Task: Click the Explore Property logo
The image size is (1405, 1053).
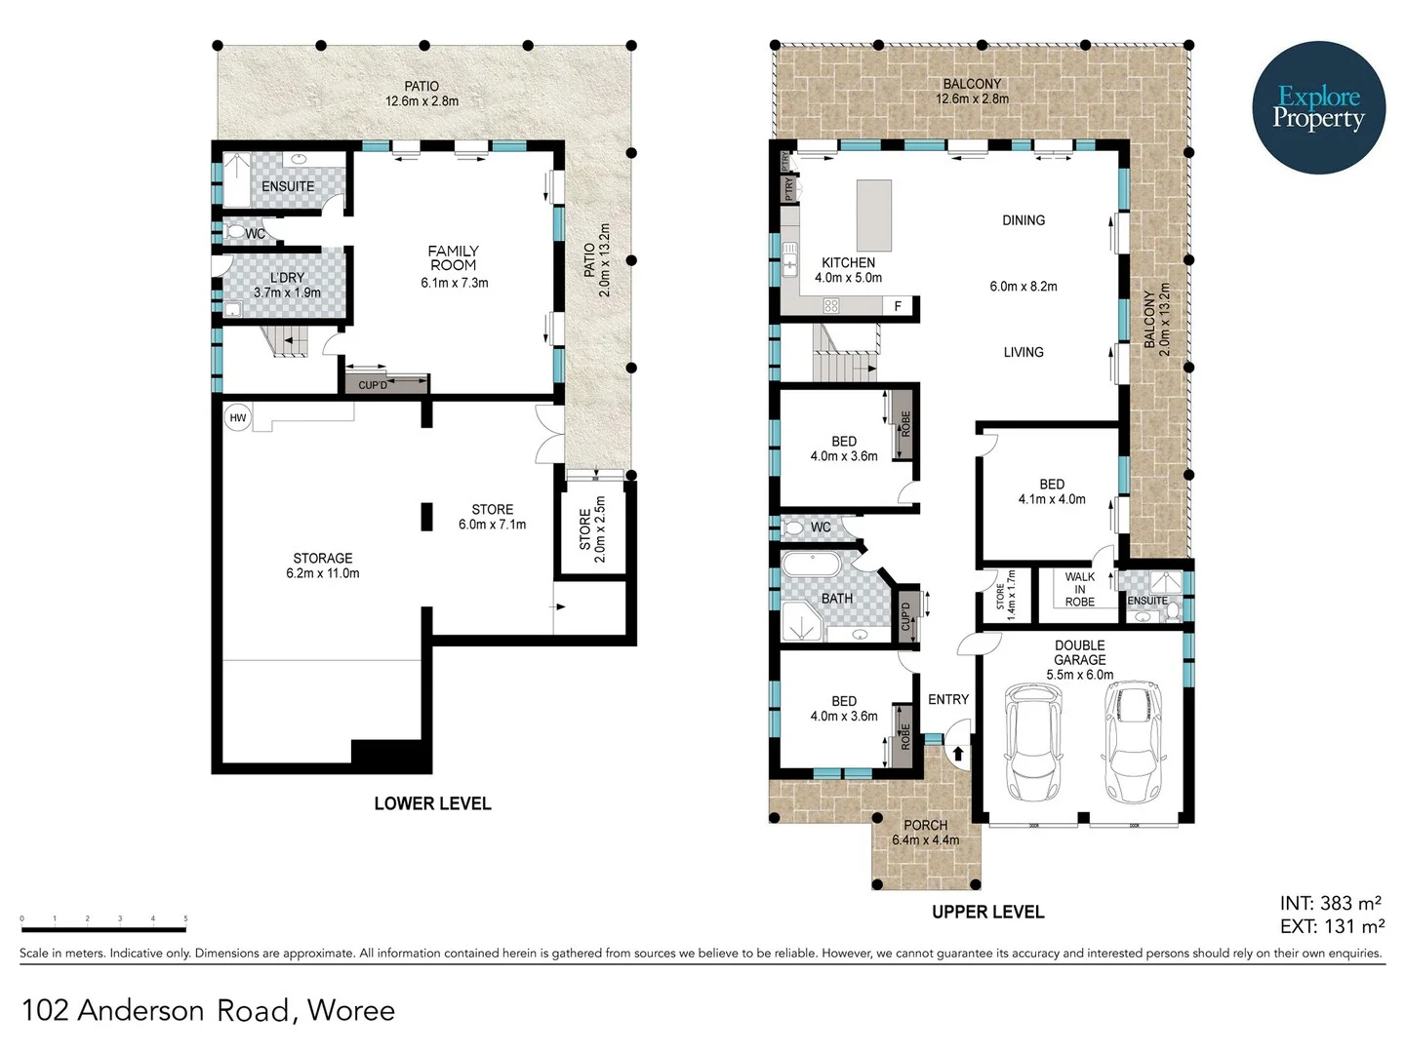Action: [1318, 107]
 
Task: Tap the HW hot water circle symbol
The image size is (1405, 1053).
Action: [237, 417]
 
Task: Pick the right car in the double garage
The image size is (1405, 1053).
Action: [1133, 741]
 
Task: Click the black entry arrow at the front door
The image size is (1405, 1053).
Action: [957, 753]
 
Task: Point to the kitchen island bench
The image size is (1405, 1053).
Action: [874, 215]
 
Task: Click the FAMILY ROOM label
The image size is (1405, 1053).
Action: [453, 258]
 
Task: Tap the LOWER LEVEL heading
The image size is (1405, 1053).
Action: [432, 803]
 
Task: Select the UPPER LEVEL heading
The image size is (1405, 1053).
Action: [987, 912]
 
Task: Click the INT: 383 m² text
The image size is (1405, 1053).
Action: [1331, 904]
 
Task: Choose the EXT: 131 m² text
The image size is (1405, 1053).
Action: [1331, 926]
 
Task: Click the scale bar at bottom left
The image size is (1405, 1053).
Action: [103, 918]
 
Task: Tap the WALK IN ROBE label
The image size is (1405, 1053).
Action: [1079, 589]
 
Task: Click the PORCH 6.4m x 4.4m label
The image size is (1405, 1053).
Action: [925, 832]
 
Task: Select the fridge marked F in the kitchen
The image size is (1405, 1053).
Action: [898, 306]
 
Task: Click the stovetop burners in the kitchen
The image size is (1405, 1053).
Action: [831, 306]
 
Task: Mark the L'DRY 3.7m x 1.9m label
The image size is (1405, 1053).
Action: [287, 285]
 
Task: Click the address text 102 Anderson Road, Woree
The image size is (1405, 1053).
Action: [208, 1010]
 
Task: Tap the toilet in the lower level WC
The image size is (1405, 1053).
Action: [234, 233]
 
